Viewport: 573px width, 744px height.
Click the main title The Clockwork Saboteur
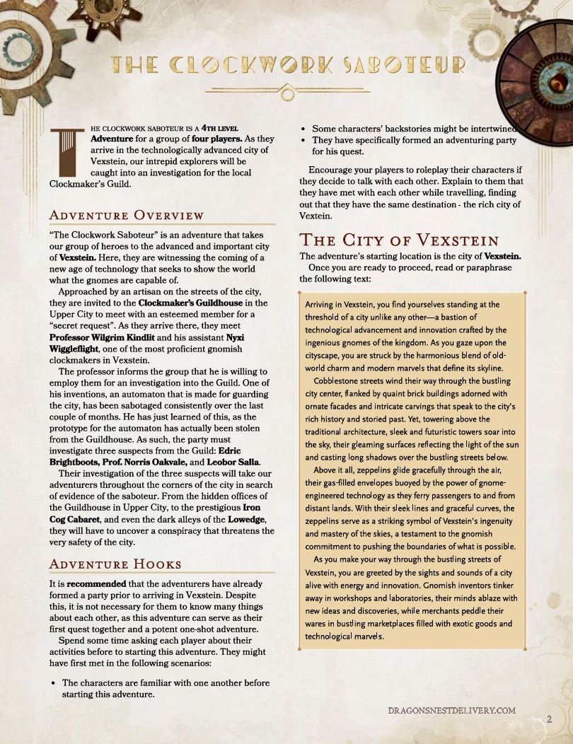pyautogui.click(x=286, y=65)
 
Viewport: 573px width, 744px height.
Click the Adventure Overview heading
pyautogui.click(x=127, y=215)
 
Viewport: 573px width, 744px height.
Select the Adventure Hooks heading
pyautogui.click(x=115, y=564)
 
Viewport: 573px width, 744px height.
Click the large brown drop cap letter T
pyautogui.click(x=68, y=151)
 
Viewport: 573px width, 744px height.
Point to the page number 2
pyautogui.click(x=549, y=719)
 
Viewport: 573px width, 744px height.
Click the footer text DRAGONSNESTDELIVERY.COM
pyautogui.click(x=452, y=710)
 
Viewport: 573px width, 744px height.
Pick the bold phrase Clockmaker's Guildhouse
pyautogui.click(x=192, y=303)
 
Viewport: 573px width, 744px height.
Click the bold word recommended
pyautogui.click(x=96, y=584)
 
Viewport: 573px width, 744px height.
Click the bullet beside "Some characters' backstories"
pyautogui.click(x=303, y=129)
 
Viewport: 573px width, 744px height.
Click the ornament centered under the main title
pyautogui.click(x=286, y=92)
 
